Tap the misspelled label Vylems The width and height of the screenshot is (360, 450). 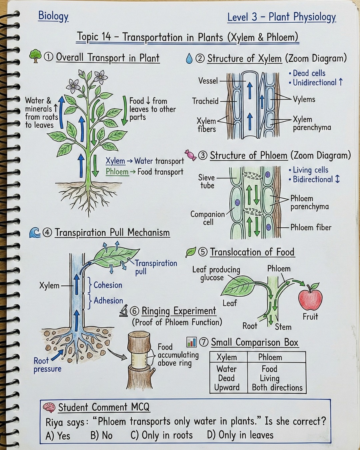(304, 99)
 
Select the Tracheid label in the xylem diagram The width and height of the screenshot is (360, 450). (205, 101)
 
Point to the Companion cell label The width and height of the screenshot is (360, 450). (208, 218)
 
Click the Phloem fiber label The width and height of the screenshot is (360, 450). (311, 228)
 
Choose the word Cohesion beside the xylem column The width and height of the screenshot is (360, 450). (108, 285)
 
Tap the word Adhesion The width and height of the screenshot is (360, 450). (108, 300)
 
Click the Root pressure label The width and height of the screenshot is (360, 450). (47, 365)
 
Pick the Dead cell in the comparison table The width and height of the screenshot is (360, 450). (226, 378)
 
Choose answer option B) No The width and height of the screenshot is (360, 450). (101, 436)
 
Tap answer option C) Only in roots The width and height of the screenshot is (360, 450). (161, 435)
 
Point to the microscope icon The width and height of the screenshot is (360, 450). (124, 311)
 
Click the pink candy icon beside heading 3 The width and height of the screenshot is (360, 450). (190, 155)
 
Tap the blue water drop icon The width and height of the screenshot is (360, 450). (189, 58)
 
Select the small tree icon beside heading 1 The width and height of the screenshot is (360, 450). (35, 56)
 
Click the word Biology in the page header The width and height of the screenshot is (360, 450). (53, 16)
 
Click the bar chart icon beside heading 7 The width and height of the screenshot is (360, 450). (191, 342)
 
